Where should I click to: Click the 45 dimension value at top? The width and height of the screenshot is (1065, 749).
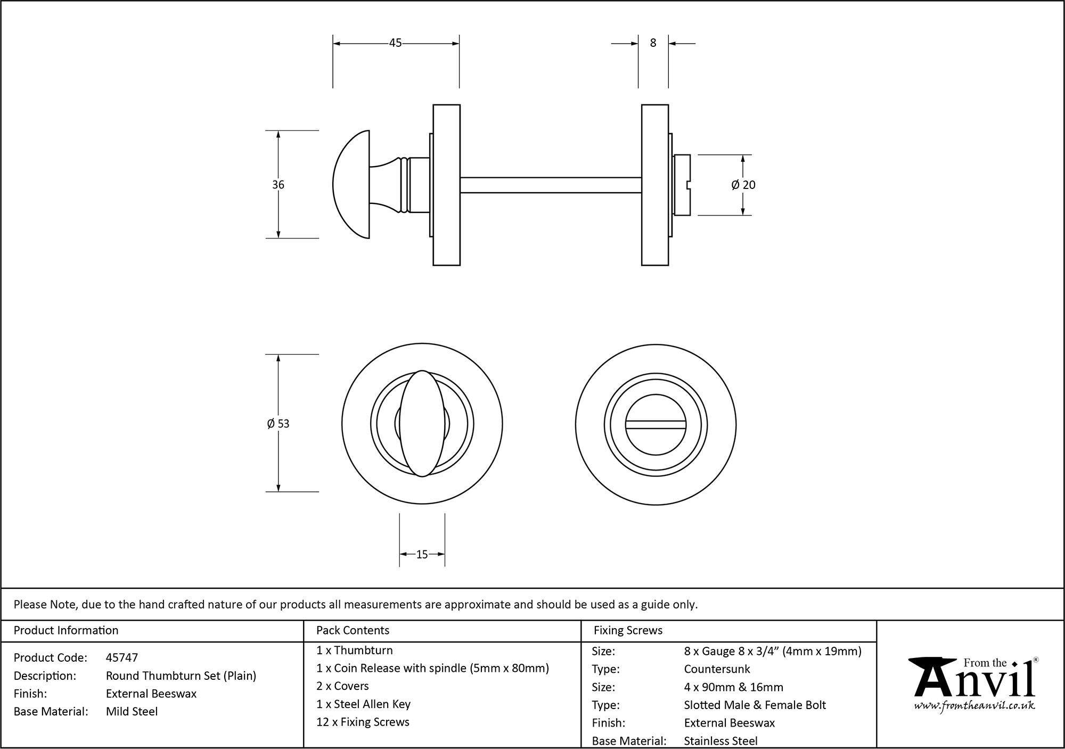[x=395, y=43]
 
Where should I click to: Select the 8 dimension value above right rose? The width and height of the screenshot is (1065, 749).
[x=653, y=43]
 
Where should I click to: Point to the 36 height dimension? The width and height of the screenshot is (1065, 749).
[x=278, y=185]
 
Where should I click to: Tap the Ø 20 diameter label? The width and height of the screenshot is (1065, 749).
[x=743, y=185]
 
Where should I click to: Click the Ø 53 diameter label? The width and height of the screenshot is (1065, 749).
[x=278, y=424]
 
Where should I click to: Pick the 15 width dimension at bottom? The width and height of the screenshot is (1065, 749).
[x=422, y=555]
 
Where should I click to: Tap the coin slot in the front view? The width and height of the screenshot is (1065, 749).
[x=656, y=424]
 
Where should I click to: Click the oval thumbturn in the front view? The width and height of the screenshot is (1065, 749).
[x=422, y=424]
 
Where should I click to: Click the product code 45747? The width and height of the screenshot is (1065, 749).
[x=122, y=657]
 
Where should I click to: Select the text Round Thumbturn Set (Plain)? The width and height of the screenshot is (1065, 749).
[x=181, y=676]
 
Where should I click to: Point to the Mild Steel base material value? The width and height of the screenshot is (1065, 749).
[x=132, y=711]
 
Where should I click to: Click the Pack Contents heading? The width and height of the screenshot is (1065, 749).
[x=353, y=630]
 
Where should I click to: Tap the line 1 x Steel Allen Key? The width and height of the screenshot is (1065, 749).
[x=363, y=704]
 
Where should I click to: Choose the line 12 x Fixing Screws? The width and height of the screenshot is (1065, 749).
[x=363, y=722]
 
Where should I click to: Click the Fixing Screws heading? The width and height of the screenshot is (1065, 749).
[x=628, y=630]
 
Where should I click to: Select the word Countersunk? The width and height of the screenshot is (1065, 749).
[x=717, y=669]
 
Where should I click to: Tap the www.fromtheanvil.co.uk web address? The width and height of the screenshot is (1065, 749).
[x=974, y=706]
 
